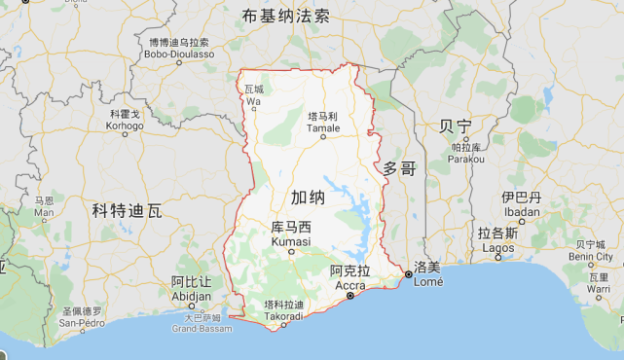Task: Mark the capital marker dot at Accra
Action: [349, 294]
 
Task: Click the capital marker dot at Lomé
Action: [408, 275]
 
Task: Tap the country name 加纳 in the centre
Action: [308, 197]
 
